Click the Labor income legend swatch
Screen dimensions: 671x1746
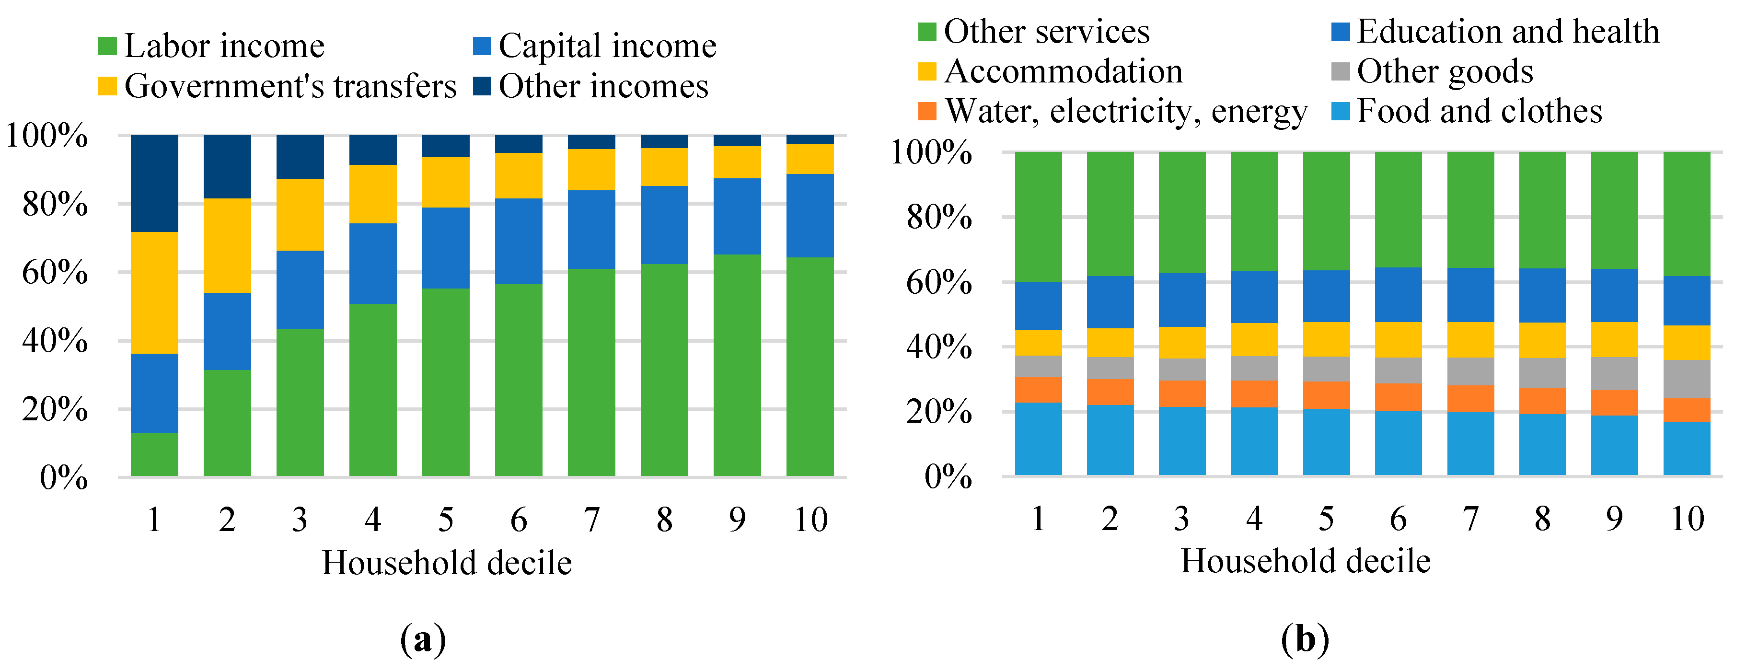(x=107, y=46)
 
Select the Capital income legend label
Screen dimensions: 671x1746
(x=607, y=46)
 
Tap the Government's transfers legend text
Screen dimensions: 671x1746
(x=290, y=86)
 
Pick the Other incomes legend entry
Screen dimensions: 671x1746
(x=603, y=86)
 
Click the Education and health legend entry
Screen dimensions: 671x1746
(x=1507, y=31)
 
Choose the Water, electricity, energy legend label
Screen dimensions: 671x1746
(x=1126, y=111)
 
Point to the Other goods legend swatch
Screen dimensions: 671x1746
(x=1340, y=71)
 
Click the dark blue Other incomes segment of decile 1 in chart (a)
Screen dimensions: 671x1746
(x=154, y=183)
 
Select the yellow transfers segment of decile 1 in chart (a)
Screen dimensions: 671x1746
(x=154, y=293)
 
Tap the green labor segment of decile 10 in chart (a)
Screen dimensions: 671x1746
(x=810, y=366)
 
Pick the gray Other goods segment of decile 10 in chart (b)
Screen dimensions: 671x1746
(x=1687, y=379)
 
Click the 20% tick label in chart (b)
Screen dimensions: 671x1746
(x=939, y=412)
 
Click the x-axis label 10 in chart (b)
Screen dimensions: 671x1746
(x=1687, y=519)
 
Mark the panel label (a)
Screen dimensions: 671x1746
(x=423, y=639)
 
